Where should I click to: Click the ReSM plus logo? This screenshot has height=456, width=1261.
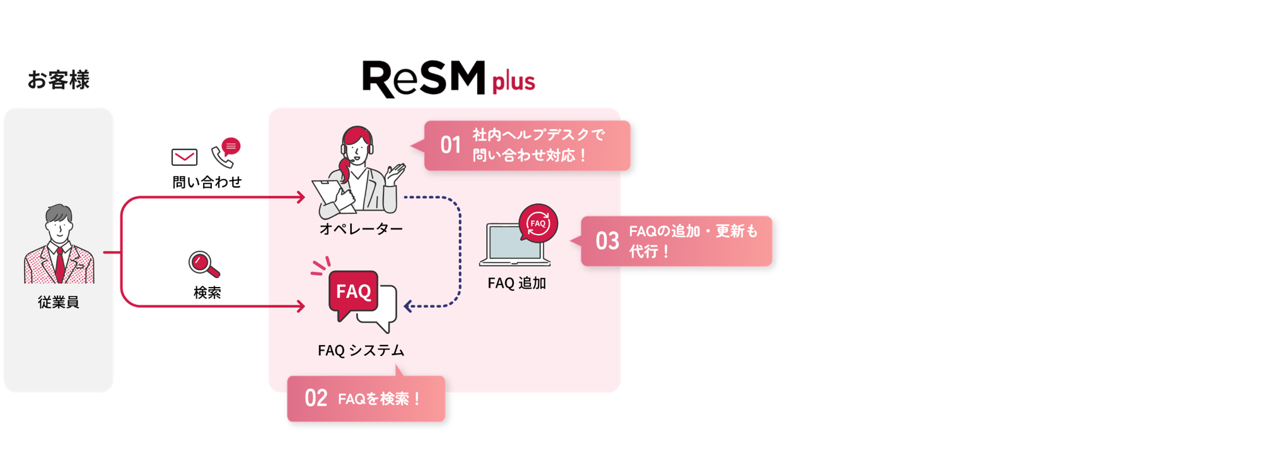[x=448, y=79]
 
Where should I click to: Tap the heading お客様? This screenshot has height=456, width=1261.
[x=58, y=80]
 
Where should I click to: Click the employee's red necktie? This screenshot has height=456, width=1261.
[x=60, y=264]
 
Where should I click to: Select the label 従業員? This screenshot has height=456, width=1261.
[x=58, y=302]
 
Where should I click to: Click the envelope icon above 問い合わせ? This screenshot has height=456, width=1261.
[x=184, y=156]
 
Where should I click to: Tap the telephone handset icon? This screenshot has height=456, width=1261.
[x=222, y=157]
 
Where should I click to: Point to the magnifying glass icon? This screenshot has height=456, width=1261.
[x=203, y=264]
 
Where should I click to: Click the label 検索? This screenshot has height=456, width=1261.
[x=207, y=293]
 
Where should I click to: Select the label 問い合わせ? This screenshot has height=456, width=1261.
[x=207, y=182]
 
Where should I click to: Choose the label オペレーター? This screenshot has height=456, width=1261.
[x=361, y=229]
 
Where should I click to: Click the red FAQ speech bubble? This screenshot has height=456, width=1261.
[x=353, y=292]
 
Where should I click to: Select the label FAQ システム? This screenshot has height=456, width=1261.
[x=361, y=351]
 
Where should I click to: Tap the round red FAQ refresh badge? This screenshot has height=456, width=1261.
[x=538, y=223]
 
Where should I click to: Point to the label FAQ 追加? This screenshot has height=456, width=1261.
[x=516, y=283]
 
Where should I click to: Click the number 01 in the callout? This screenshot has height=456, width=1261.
[x=450, y=145]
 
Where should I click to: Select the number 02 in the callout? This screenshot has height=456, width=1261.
[x=316, y=398]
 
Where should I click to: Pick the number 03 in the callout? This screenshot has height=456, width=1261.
[x=607, y=241]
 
